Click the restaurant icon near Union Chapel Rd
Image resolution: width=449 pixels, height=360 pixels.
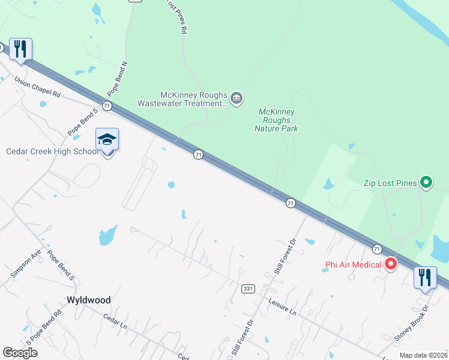pyautogui.click(x=20, y=49)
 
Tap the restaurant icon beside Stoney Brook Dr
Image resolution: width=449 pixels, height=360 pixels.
pyautogui.click(x=424, y=278)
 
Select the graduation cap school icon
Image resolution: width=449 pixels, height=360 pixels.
pyautogui.click(x=107, y=140)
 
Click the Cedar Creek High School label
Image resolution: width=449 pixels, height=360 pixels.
pyautogui.click(x=52, y=151)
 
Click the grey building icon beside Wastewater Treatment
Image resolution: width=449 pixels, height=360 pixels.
pyautogui.click(x=237, y=98)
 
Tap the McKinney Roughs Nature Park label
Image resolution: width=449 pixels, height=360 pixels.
pyautogui.click(x=276, y=120)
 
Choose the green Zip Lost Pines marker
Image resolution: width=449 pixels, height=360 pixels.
pyautogui.click(x=426, y=181)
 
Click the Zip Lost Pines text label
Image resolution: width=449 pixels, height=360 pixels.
pyautogui.click(x=390, y=183)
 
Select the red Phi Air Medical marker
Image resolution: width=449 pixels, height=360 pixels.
pyautogui.click(x=391, y=263)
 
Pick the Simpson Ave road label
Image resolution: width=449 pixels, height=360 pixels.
pyautogui.click(x=25, y=263)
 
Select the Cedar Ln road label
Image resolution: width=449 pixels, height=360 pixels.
pyautogui.click(x=115, y=324)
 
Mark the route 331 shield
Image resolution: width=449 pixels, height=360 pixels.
pyautogui.click(x=247, y=289)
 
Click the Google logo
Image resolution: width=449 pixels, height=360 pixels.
pyautogui.click(x=20, y=352)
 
